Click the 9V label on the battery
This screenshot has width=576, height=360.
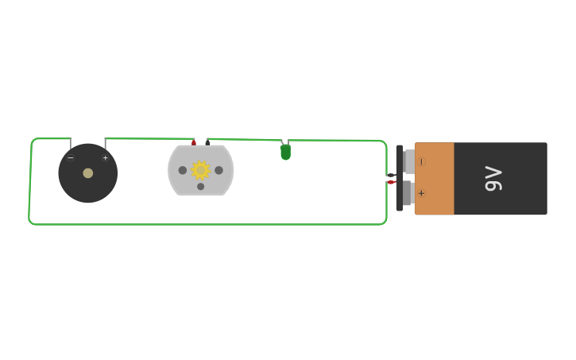(x=493, y=178)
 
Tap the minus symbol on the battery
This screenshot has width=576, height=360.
(x=421, y=162)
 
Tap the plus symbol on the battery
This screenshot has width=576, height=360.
(x=421, y=193)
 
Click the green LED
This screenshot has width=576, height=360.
(x=285, y=152)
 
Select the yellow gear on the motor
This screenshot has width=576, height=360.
(x=200, y=170)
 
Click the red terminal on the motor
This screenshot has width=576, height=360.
(x=194, y=142)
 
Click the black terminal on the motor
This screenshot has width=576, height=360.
(x=207, y=142)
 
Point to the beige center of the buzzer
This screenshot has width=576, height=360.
(x=88, y=173)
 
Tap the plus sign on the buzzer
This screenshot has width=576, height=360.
(x=105, y=158)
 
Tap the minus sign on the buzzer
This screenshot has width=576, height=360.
(x=71, y=158)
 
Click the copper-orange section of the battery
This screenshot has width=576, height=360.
(x=434, y=179)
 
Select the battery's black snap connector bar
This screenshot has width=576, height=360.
(x=399, y=178)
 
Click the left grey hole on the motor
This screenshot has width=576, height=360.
(x=183, y=170)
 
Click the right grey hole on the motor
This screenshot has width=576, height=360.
(x=218, y=170)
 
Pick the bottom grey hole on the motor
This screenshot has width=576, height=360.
(x=200, y=187)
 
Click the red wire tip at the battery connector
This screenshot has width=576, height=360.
(x=390, y=182)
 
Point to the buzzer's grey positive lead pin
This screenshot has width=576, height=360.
(x=105, y=144)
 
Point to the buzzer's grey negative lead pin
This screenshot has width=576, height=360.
(x=71, y=144)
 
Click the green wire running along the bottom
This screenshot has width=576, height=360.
(x=207, y=224)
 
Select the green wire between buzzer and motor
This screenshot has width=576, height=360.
(x=147, y=139)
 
